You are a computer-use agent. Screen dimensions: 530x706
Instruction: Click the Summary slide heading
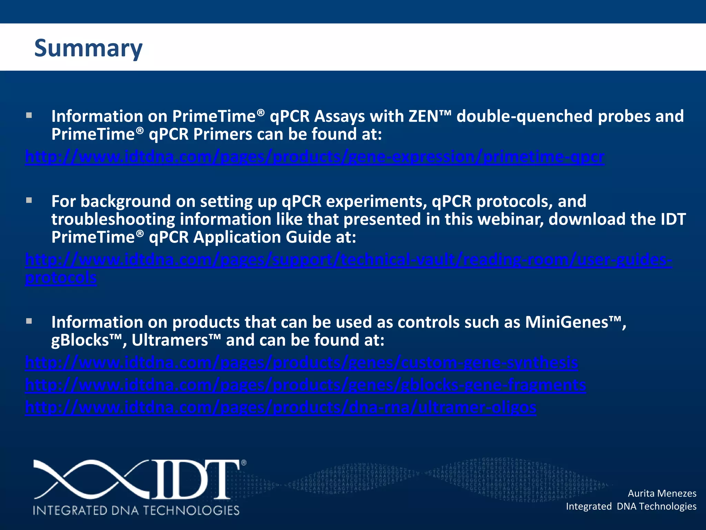(x=88, y=48)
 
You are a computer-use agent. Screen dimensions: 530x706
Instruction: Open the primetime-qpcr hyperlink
(x=314, y=157)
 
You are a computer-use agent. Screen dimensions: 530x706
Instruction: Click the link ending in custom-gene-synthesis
(x=301, y=363)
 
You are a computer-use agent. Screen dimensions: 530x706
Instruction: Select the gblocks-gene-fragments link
(x=305, y=385)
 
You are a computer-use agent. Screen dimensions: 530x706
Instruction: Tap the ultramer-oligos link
(x=281, y=408)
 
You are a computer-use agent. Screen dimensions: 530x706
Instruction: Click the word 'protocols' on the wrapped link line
(x=61, y=277)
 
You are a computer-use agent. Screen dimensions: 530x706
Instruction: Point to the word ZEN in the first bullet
(x=424, y=116)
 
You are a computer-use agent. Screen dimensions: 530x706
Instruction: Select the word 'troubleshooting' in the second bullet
(x=113, y=219)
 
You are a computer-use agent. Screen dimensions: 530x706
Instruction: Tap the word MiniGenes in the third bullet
(x=567, y=322)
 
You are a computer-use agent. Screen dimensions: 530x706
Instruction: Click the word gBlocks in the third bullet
(x=80, y=340)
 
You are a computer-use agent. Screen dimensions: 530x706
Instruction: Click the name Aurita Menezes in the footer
(x=662, y=493)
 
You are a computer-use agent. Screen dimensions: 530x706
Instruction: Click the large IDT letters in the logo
(x=196, y=480)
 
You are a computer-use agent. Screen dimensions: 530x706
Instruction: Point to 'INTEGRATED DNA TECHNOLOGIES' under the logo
(x=136, y=510)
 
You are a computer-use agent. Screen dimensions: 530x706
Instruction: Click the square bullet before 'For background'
(x=29, y=200)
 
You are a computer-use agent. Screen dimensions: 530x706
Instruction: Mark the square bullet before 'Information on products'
(x=29, y=321)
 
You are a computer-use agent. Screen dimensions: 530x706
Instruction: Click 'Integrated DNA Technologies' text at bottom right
(x=631, y=506)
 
